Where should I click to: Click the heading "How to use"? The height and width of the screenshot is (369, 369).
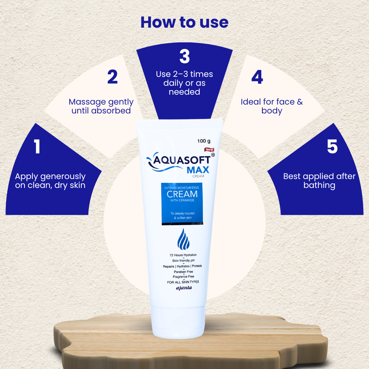click(184, 22)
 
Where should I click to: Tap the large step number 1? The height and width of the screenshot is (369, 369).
click(37, 147)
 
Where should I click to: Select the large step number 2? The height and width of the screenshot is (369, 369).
click(112, 77)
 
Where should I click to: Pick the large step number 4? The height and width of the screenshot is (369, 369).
click(257, 77)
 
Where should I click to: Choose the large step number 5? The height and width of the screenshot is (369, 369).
click(332, 147)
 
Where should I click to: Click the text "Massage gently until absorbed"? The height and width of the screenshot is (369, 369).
click(101, 106)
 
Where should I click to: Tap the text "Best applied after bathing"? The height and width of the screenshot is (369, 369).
click(319, 181)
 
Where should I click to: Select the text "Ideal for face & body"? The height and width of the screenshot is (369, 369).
click(272, 106)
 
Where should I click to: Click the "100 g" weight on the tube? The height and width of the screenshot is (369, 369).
click(204, 141)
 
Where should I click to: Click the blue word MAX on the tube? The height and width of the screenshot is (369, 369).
click(198, 170)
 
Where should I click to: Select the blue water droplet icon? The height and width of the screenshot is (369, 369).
click(183, 239)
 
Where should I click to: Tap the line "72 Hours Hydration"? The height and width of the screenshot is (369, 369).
click(183, 255)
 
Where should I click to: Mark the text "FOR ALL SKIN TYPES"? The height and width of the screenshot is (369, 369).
click(183, 282)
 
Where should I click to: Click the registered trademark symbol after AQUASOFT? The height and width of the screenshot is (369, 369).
click(213, 155)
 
